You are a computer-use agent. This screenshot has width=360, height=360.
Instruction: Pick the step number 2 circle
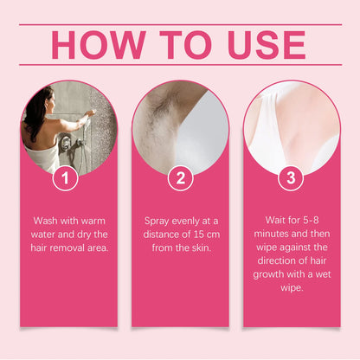point(180,180)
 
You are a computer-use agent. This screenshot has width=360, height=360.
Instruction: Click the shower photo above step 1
point(68,125)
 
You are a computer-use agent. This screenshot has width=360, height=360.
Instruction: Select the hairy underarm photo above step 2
point(180,125)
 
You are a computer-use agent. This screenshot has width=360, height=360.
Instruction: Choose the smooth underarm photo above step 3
point(292,125)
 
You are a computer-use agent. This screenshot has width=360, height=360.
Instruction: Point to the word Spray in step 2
point(157,221)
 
